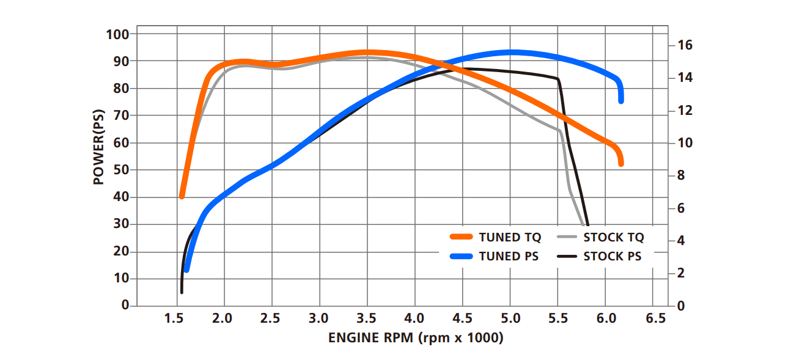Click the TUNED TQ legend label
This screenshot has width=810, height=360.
(x=510, y=238)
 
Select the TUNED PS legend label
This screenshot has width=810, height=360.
(x=509, y=257)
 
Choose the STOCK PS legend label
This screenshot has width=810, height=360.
(x=613, y=257)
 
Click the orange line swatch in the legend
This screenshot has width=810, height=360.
(x=462, y=238)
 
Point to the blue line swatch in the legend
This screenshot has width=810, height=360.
(x=462, y=257)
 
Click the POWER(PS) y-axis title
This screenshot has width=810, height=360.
(x=98, y=147)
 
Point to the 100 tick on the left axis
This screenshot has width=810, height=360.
(x=117, y=34)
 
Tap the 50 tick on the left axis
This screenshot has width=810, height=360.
(x=120, y=170)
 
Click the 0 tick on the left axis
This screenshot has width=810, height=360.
(x=125, y=305)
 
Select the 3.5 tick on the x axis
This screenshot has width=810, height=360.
(x=366, y=318)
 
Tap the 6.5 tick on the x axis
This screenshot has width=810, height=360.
(x=655, y=318)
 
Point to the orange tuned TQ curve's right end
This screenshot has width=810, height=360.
(x=620, y=163)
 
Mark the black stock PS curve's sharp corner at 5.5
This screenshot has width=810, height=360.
(x=558, y=79)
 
